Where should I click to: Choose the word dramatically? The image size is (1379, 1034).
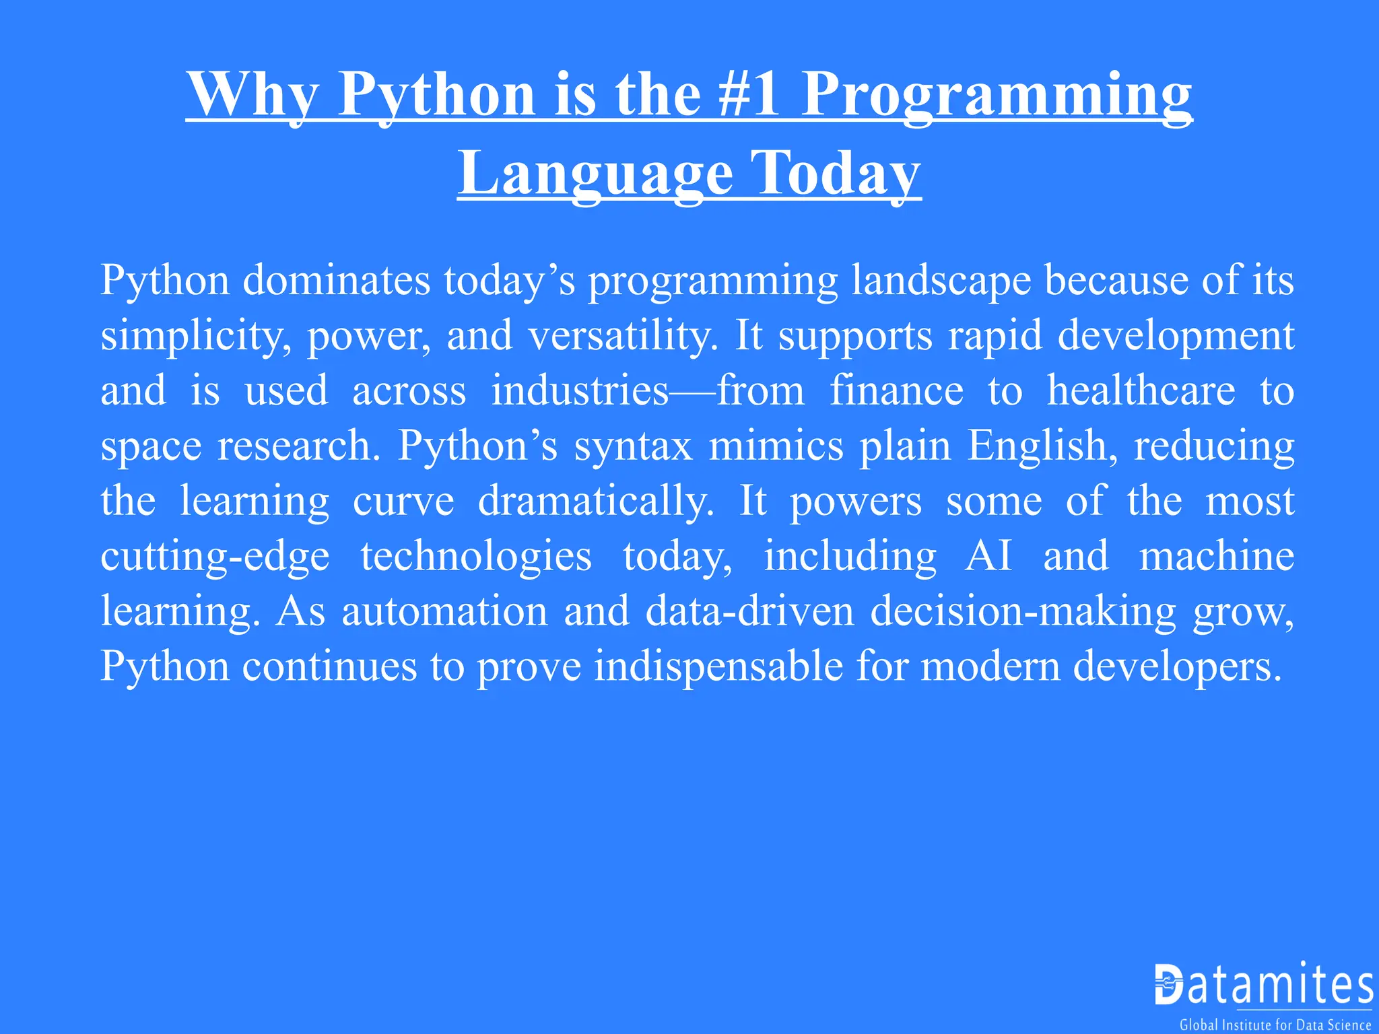tap(596, 501)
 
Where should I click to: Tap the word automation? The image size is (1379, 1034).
tap(445, 611)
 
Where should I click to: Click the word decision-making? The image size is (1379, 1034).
tap(1023, 611)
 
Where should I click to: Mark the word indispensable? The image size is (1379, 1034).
tap(718, 666)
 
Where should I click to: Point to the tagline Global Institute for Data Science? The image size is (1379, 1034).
tap(1275, 1025)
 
